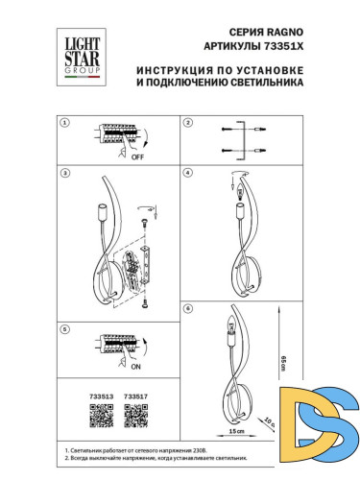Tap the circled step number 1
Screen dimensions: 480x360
pyautogui.click(x=65, y=124)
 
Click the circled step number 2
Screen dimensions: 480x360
pyautogui.click(x=189, y=124)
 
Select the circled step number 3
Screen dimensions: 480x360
pyautogui.click(x=65, y=174)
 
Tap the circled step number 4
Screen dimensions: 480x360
pyautogui.click(x=189, y=174)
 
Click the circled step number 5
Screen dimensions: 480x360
pyautogui.click(x=65, y=329)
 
